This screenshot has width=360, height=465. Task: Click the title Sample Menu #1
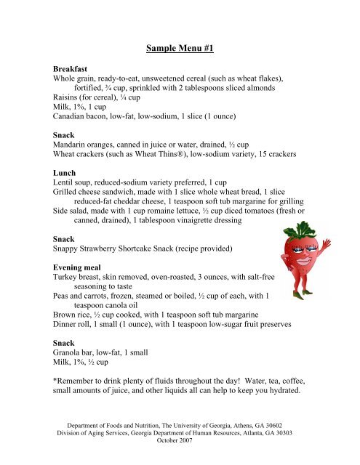[x=180, y=49]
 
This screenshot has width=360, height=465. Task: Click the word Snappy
[x=71, y=249]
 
